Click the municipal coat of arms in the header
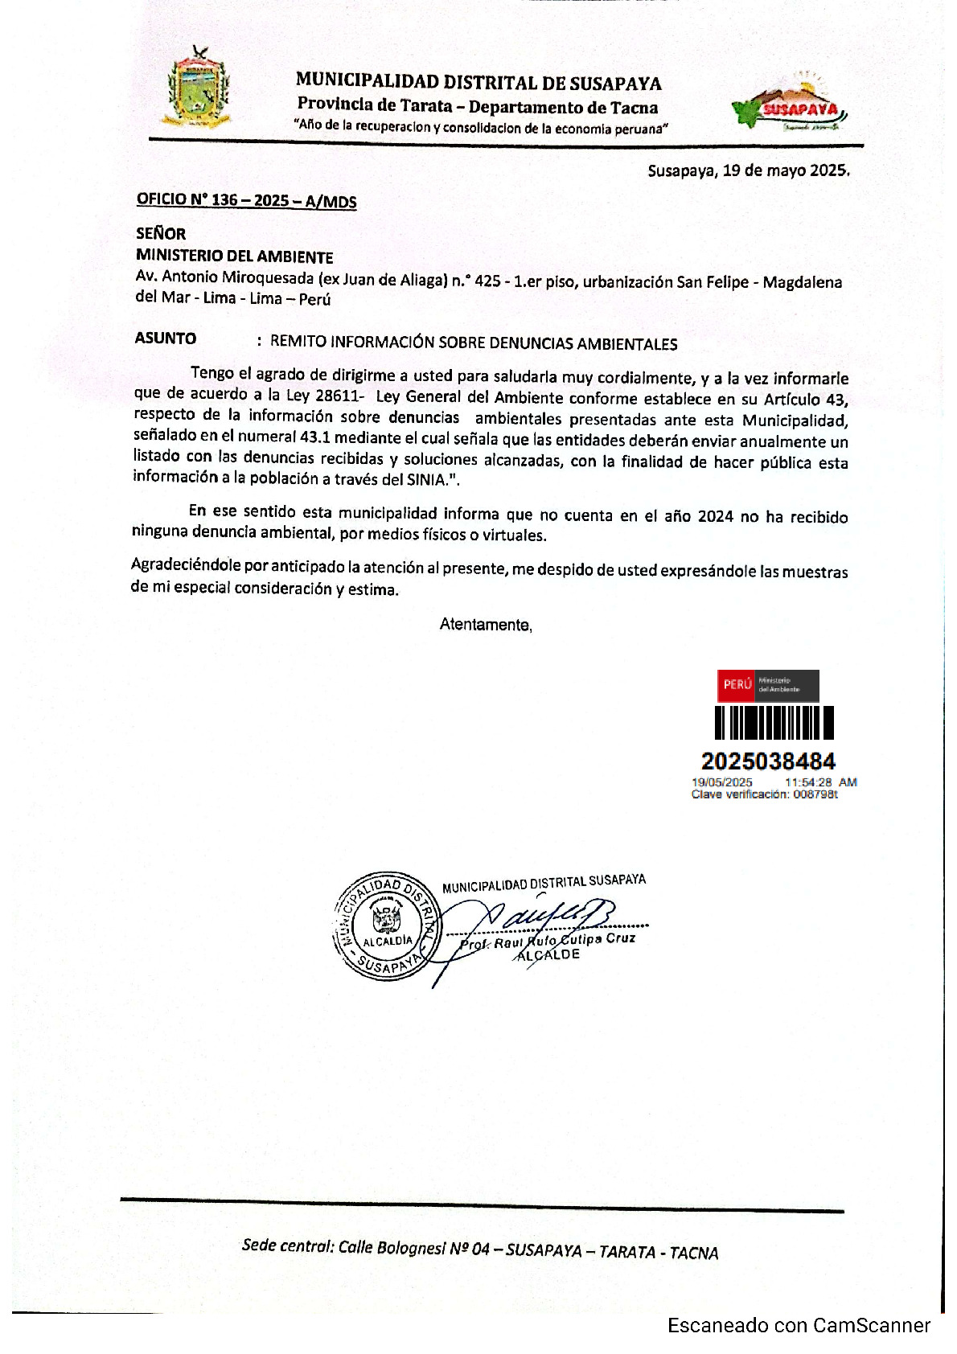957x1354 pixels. [x=197, y=88]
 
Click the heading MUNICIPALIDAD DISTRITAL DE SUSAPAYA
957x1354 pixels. [x=478, y=82]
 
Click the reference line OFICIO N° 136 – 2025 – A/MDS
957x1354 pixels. [x=246, y=200]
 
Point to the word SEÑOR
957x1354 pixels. [x=161, y=234]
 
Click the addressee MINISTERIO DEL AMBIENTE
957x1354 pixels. [x=234, y=256]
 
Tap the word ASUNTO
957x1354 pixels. [x=166, y=338]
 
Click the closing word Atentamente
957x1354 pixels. [x=485, y=625]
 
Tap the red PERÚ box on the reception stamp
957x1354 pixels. [x=737, y=685]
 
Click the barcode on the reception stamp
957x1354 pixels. [x=774, y=722]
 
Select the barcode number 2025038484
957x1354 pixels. [x=768, y=761]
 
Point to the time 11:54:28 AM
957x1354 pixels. [x=820, y=782]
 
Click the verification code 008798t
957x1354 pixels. [x=815, y=794]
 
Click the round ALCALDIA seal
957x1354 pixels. [x=387, y=925]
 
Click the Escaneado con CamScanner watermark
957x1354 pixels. [x=799, y=1326]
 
